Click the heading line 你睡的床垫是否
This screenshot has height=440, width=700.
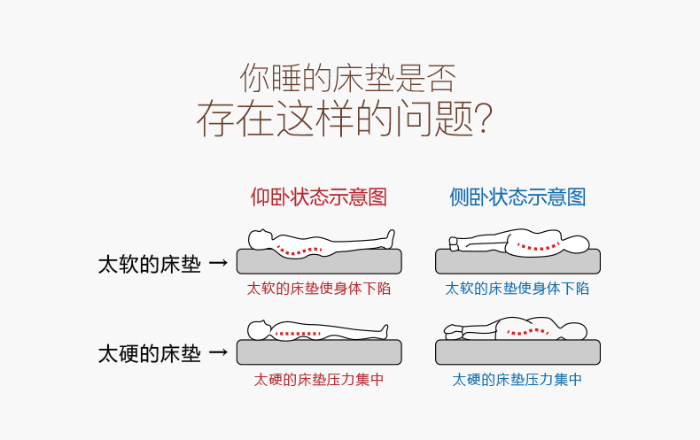click(x=347, y=78)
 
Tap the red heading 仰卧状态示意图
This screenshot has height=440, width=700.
click(x=319, y=197)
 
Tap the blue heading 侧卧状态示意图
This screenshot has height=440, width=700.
click(x=517, y=197)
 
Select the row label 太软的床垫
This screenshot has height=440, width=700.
click(x=150, y=264)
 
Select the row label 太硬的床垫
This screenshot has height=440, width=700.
click(x=150, y=354)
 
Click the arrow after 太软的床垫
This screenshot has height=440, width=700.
click(x=219, y=264)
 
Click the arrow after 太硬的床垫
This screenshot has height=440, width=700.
click(x=219, y=354)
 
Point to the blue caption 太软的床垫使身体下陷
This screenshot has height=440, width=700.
click(x=517, y=289)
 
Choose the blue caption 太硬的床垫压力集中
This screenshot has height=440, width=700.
click(x=517, y=380)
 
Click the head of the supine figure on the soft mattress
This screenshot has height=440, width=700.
click(x=260, y=238)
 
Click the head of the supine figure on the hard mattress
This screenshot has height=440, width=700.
click(x=258, y=331)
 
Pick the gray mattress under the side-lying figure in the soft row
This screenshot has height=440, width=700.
click(x=517, y=263)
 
